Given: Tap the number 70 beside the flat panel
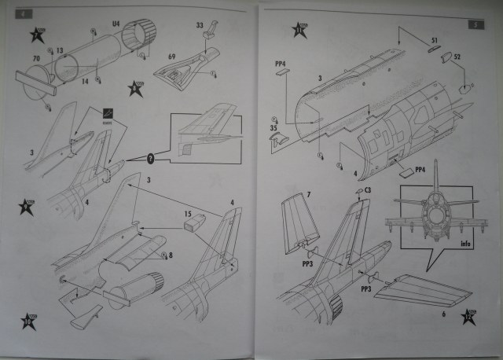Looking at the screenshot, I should click(x=36, y=59).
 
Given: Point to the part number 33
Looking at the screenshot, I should click(x=200, y=26).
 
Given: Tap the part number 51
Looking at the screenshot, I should click(x=434, y=39).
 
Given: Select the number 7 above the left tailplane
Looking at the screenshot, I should click(x=288, y=193).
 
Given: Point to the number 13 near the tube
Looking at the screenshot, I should click(x=61, y=50).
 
